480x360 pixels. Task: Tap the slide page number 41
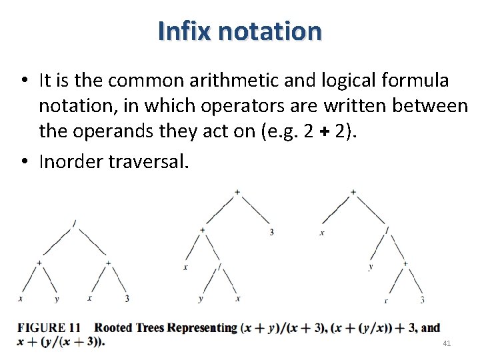tap(447, 343)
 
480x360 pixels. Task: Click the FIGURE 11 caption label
tap(49, 327)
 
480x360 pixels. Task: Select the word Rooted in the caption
tap(113, 327)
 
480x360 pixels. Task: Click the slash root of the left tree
tap(74, 222)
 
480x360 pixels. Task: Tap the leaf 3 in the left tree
tap(127, 299)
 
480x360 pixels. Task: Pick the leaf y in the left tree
tap(57, 299)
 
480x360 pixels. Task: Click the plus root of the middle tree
tap(237, 193)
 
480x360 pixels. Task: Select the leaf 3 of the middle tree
tap(272, 232)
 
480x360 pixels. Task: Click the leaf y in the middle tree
tap(201, 299)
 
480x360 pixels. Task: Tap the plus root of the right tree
tap(353, 193)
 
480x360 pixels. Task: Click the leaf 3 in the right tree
tap(423, 300)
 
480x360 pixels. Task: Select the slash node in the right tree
tap(387, 230)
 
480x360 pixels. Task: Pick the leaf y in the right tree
tap(371, 267)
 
